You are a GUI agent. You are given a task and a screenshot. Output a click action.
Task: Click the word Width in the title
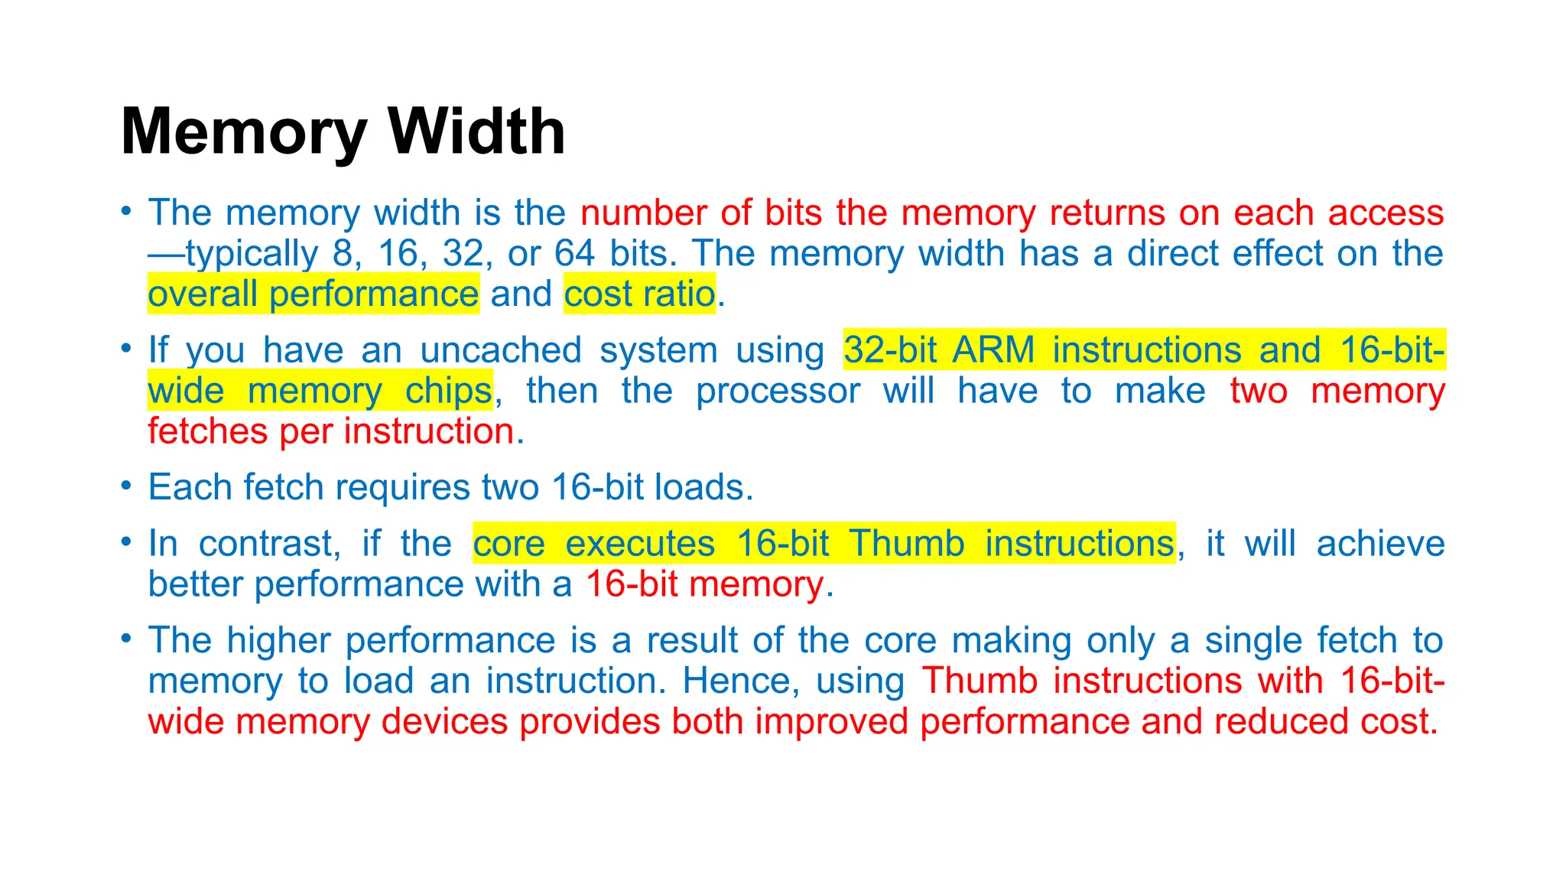point(477,132)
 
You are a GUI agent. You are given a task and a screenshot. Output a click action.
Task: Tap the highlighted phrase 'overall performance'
point(314,294)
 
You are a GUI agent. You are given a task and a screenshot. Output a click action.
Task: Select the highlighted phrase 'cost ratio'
point(639,294)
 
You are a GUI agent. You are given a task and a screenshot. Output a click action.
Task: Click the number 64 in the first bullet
point(574,253)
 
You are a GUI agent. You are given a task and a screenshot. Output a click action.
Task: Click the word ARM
point(993,350)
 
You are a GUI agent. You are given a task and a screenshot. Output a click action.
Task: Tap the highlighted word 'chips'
point(448,391)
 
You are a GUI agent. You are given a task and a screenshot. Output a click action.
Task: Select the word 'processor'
point(778,391)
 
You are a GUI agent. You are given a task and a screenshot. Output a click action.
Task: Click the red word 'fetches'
point(207,431)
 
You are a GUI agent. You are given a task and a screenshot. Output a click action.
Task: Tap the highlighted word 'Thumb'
point(907,544)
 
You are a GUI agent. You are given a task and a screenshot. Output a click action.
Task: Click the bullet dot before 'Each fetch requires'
point(127,485)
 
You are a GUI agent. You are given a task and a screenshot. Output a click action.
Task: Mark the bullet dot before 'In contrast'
point(127,541)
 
